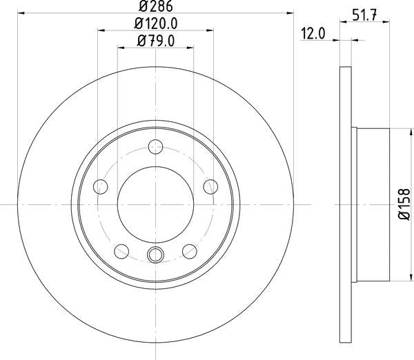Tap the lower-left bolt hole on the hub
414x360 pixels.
tap(121, 250)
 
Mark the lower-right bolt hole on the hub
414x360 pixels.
tap(189, 250)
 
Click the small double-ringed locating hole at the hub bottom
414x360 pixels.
tap(155, 254)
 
